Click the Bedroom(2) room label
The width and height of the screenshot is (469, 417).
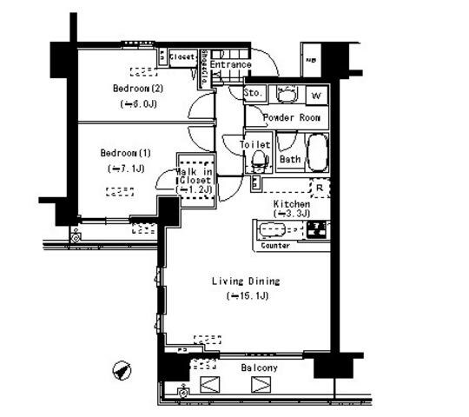point(137,88)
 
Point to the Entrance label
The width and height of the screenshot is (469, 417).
point(230,64)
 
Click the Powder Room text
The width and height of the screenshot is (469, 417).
point(291,117)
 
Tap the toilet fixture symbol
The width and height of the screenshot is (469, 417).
point(257,160)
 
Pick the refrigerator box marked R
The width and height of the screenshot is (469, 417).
point(320,186)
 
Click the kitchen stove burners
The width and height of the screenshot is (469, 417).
point(316,230)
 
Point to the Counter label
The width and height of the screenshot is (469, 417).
point(274,246)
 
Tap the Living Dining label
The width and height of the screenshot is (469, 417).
point(246,281)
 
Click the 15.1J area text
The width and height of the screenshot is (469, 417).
point(248,295)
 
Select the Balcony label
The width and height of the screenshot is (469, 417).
point(259,368)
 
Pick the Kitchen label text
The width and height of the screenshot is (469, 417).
point(291,204)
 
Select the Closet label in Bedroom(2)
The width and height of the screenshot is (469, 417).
point(182,57)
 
